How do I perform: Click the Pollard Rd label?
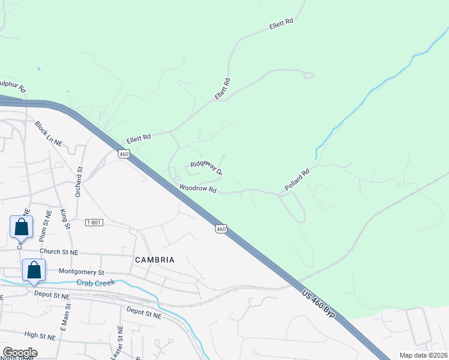(x=297, y=180)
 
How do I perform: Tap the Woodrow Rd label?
(x=197, y=188)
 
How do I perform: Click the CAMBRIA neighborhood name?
(x=155, y=260)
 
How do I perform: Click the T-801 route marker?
(x=94, y=223)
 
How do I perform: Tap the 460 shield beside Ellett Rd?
(x=124, y=154)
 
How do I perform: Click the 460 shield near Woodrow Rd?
(x=221, y=229)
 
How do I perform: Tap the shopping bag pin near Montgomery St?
(x=34, y=270)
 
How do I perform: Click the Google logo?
(x=20, y=353)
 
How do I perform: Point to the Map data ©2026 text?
(x=423, y=355)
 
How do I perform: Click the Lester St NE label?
(x=120, y=339)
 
